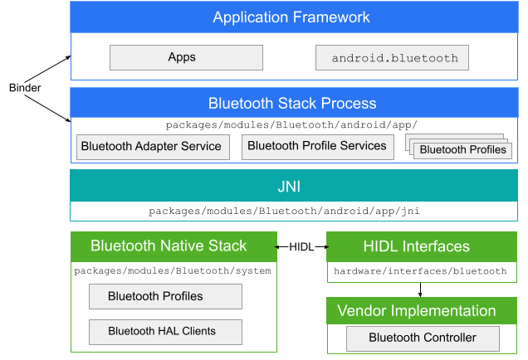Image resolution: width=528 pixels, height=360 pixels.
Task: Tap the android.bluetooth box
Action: coord(392,58)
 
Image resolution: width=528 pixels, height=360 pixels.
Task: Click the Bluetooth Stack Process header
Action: coord(293,104)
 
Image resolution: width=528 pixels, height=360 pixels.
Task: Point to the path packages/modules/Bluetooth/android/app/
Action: coord(291,125)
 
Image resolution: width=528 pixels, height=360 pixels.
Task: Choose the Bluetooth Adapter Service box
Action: coord(151,147)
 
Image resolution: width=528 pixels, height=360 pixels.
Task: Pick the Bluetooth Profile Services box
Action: coord(317,147)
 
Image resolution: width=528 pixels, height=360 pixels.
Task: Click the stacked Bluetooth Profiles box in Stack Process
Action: coord(462,150)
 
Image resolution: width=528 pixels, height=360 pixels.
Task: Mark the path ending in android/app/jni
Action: coord(284,212)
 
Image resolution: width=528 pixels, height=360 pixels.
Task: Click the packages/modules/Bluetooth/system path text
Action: coord(173,271)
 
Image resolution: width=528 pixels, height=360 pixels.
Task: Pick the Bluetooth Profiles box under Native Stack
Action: coord(164,296)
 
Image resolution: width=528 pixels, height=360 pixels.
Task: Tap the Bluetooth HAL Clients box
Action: coord(164,332)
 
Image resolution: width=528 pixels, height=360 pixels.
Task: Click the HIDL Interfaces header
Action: coord(422,246)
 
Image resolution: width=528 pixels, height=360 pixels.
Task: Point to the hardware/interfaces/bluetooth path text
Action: coord(420,271)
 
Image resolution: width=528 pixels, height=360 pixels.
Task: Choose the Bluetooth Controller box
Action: coord(423,338)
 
